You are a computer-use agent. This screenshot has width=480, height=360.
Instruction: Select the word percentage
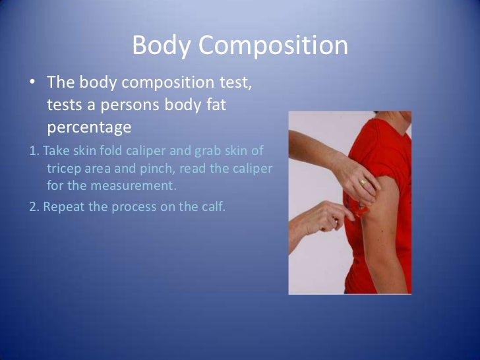86,125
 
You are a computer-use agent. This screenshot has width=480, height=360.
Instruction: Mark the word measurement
131,185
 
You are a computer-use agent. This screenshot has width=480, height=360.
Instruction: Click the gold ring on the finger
363,182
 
